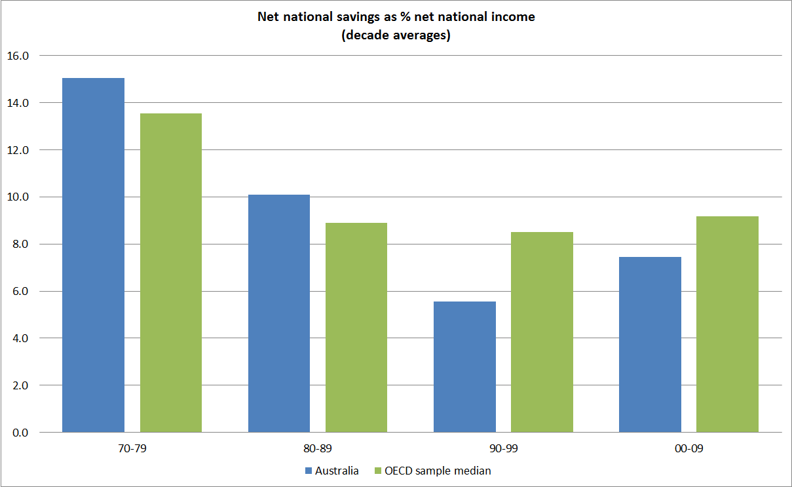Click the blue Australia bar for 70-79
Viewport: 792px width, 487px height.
coord(93,255)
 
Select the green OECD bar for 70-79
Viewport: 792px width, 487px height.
coord(170,273)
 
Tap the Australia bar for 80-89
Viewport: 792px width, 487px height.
coord(278,313)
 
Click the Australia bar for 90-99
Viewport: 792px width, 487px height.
coord(464,366)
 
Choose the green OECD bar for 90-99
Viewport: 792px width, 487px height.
coord(542,332)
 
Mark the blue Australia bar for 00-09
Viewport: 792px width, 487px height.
coord(650,344)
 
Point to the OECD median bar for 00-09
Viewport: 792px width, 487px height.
coord(727,324)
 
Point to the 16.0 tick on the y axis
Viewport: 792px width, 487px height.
coord(18,56)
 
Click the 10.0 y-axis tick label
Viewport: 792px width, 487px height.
coord(18,197)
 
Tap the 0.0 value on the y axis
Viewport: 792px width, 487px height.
coord(21,433)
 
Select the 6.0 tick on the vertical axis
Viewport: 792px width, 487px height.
coord(21,292)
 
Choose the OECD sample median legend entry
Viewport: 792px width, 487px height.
coord(437,471)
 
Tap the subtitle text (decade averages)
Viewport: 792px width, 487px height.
coord(396,35)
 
